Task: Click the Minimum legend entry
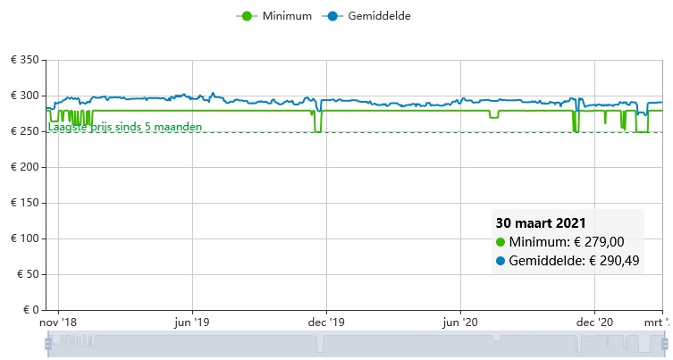tap(273, 16)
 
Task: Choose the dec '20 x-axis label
tap(593, 322)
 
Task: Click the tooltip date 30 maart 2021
tap(541, 222)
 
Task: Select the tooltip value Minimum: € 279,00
tap(567, 242)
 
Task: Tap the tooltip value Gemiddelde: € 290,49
tap(574, 261)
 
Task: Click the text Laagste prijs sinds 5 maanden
tap(125, 127)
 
